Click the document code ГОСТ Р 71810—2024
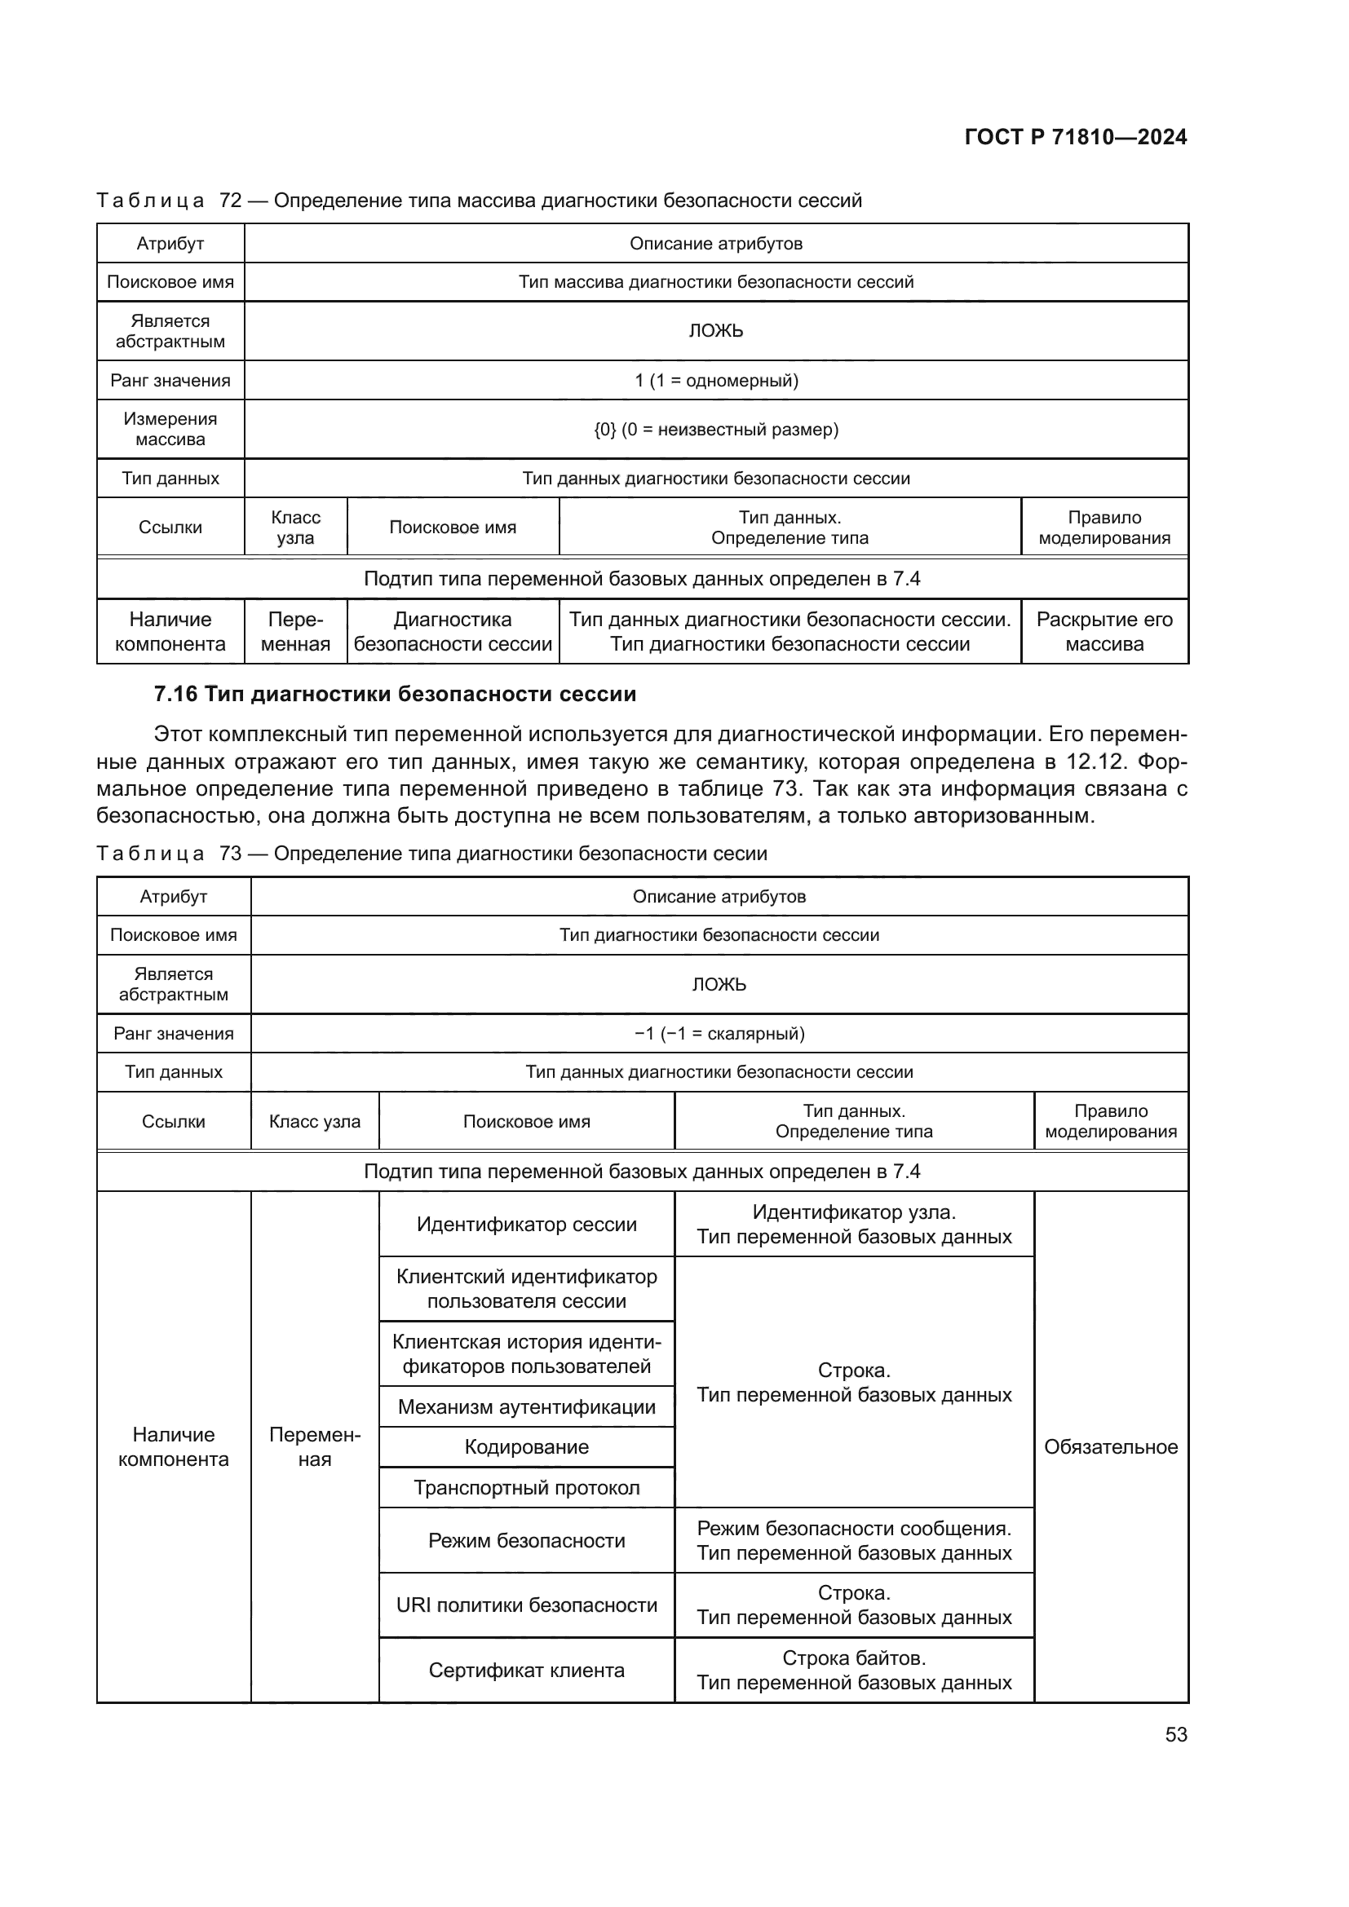pyautogui.click(x=1075, y=137)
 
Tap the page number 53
pyautogui.click(x=1175, y=1734)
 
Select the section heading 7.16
pyautogui.click(x=395, y=694)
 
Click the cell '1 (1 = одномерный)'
pyautogui.click(x=716, y=381)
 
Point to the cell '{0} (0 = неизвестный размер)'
pyautogui.click(x=716, y=430)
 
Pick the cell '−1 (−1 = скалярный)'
pyautogui.click(x=719, y=1033)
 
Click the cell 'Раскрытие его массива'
pyautogui.click(x=1104, y=631)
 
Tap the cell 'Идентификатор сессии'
pyautogui.click(x=527, y=1225)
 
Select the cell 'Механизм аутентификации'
pyautogui.click(x=527, y=1407)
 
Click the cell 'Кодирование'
pyautogui.click(x=527, y=1447)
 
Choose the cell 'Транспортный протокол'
pyautogui.click(x=527, y=1488)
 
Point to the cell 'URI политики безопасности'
pyautogui.click(x=527, y=1605)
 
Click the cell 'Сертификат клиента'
pyautogui.click(x=527, y=1671)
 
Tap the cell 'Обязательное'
pyautogui.click(x=1111, y=1447)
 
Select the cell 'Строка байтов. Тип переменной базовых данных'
pyautogui.click(x=854, y=1671)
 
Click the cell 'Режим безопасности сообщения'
pyautogui.click(x=854, y=1541)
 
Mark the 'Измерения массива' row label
pyautogui.click(x=170, y=430)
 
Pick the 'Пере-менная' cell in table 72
pyautogui.click(x=295, y=631)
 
